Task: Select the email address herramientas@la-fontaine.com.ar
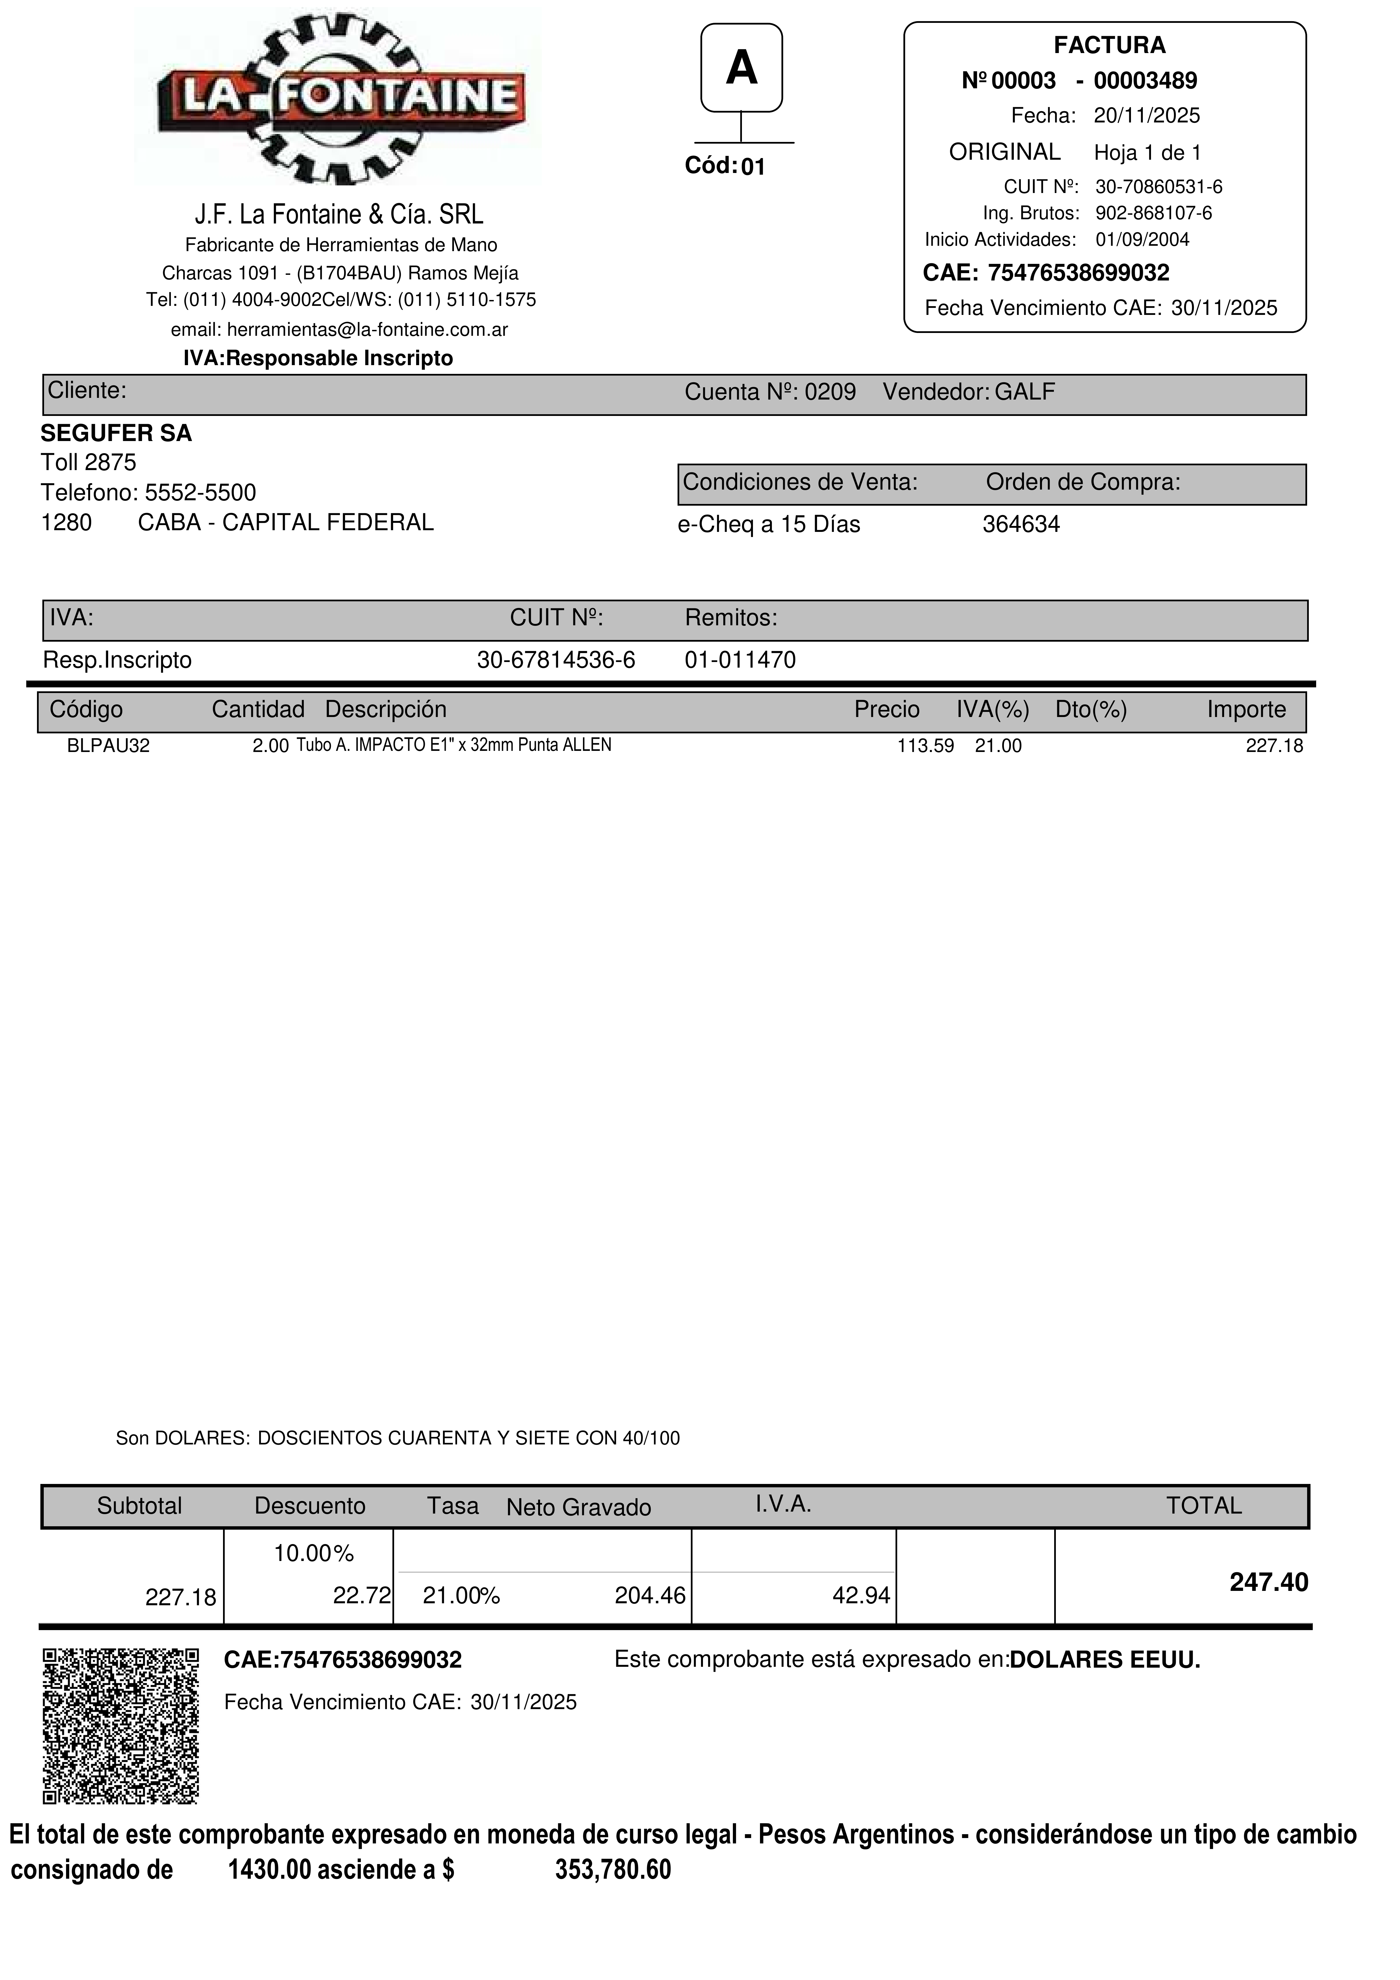pyautogui.click(x=367, y=329)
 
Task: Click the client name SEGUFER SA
pyautogui.click(x=116, y=433)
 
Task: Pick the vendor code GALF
pyautogui.click(x=1025, y=393)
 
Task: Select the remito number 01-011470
pyautogui.click(x=740, y=661)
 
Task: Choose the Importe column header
pyautogui.click(x=1246, y=710)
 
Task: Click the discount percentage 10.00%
pyautogui.click(x=314, y=1554)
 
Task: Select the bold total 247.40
pyautogui.click(x=1268, y=1582)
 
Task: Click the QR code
pyautogui.click(x=121, y=1726)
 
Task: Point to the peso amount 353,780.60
pyautogui.click(x=612, y=1870)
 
